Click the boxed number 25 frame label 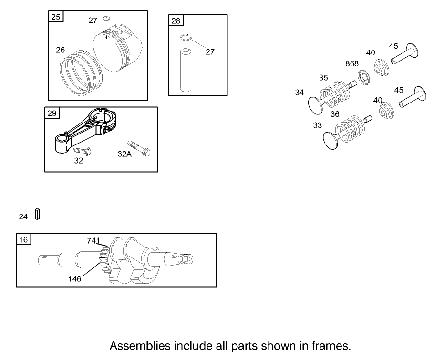[56, 17]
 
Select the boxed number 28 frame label [176, 21]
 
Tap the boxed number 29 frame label [52, 113]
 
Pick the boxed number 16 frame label [23, 239]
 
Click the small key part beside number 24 [37, 214]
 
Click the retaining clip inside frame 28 [186, 38]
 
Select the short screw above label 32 [82, 151]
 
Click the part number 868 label [352, 64]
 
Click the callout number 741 [93, 241]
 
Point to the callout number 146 [74, 278]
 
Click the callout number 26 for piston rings [60, 49]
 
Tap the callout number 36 [335, 114]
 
